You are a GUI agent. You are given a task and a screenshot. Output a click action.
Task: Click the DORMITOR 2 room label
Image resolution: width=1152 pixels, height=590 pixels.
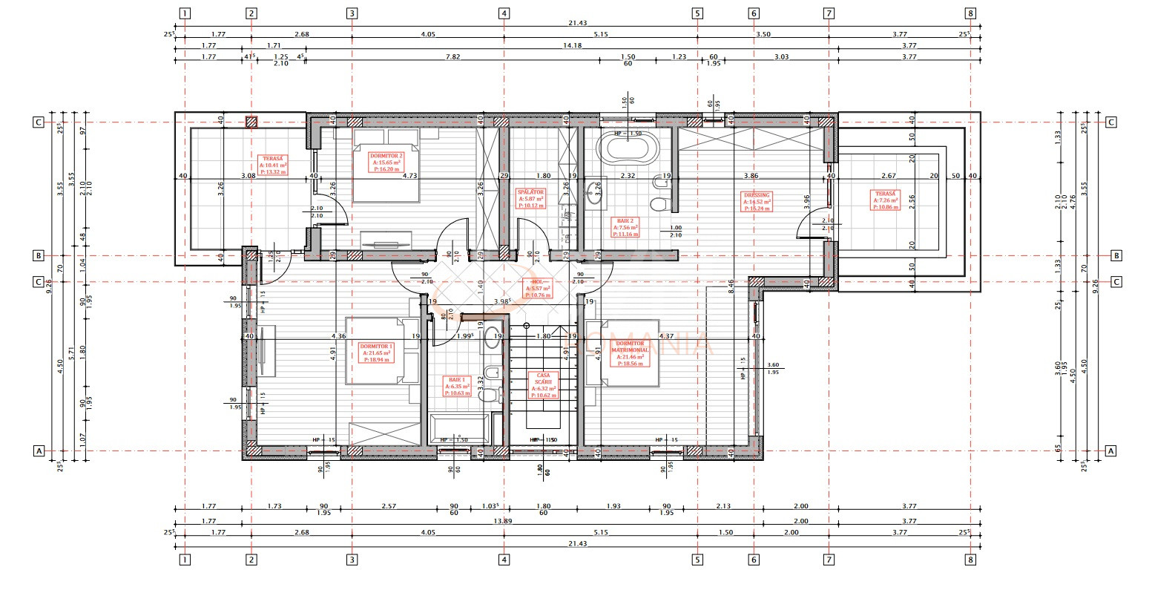[x=386, y=163]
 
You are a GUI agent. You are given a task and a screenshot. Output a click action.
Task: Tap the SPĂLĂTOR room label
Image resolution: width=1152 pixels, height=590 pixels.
[x=530, y=199]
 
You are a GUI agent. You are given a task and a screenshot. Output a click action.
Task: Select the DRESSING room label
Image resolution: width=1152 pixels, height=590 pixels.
[x=757, y=202]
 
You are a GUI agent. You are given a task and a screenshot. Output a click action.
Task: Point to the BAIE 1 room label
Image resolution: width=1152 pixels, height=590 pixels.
[x=455, y=385]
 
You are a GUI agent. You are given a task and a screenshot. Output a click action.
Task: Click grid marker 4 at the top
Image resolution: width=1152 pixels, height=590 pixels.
[x=504, y=13]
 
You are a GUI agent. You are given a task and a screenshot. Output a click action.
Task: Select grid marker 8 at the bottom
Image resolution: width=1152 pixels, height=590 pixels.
[x=970, y=560]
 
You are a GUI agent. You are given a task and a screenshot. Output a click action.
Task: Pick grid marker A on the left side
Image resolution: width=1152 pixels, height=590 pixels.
[x=38, y=450]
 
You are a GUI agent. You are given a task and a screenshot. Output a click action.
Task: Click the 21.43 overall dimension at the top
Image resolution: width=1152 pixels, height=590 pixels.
[x=577, y=24]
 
